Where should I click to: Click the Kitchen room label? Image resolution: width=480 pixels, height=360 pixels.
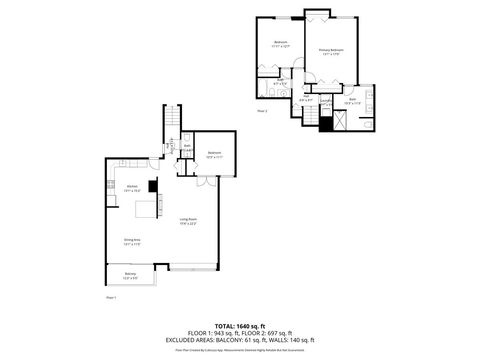131,188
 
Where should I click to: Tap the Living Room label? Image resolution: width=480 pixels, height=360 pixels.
188,221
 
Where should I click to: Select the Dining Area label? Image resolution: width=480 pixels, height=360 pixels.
131,240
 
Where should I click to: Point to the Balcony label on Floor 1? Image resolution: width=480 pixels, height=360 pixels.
131,275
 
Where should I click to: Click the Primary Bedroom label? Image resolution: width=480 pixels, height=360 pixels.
332,50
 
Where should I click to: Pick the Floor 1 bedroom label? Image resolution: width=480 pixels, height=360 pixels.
213,153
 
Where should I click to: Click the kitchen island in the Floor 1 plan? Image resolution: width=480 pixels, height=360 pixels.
147,209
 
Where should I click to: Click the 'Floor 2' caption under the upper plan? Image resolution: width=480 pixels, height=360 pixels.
262,111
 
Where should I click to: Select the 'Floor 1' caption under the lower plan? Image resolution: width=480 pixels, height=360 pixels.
111,297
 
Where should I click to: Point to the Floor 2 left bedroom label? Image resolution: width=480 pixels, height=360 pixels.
281,43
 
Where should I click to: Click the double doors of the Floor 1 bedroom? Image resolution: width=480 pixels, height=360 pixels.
205,181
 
